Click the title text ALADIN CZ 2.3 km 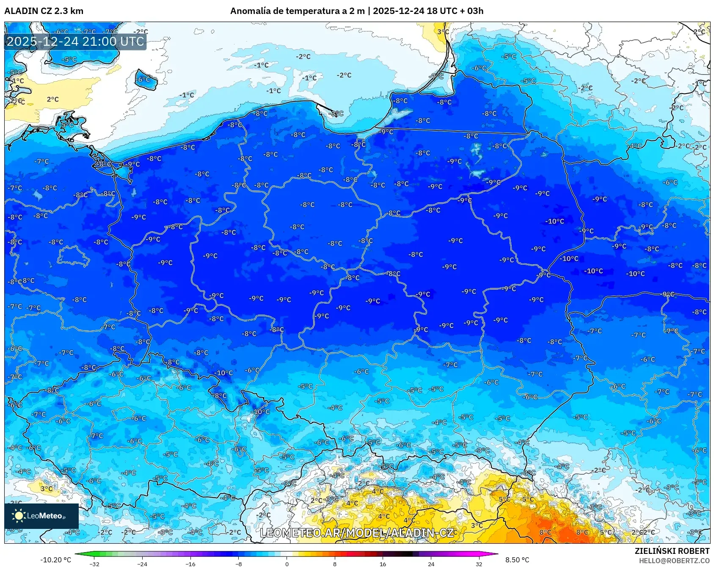44,11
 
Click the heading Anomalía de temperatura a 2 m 297,11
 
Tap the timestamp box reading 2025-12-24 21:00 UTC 75,41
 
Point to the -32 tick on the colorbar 94,564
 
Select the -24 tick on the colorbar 142,564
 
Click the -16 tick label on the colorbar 190,564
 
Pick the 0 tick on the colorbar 287,564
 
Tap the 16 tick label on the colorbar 383,564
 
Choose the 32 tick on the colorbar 479,564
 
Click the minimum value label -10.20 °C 55,560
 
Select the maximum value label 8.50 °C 517,560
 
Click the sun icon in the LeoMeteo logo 19,516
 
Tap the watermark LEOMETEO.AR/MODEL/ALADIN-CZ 357,533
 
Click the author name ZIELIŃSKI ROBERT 672,551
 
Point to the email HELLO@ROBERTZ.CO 674,561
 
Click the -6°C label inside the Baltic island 144,79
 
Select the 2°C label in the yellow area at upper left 53,100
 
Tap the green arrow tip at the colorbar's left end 77,553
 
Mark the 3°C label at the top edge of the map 443,32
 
